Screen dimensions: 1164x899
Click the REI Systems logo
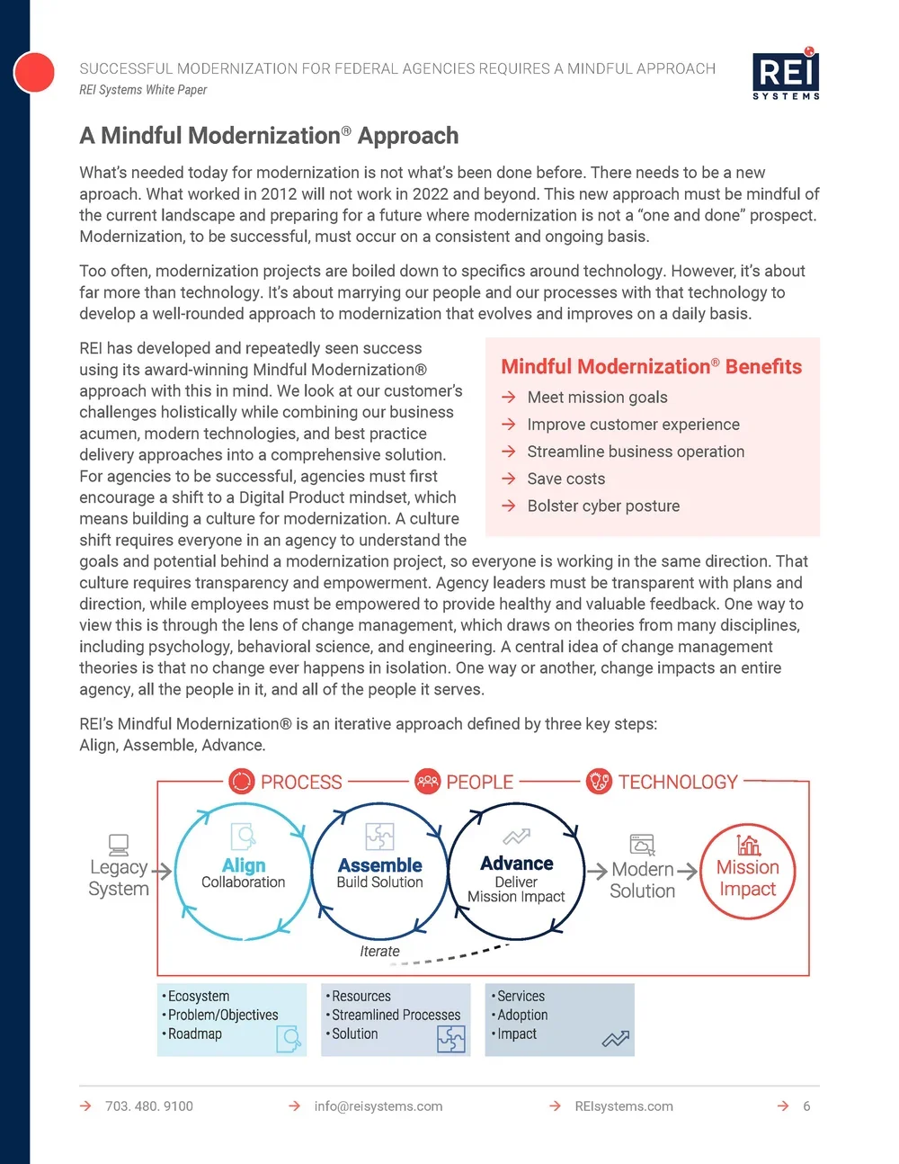point(786,74)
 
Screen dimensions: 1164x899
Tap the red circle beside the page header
point(34,72)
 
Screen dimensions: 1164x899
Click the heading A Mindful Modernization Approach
point(269,136)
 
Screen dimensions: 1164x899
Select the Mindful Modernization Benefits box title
point(651,366)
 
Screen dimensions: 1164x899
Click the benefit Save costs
point(565,479)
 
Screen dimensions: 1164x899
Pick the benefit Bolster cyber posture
point(603,506)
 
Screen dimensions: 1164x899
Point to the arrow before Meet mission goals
point(509,397)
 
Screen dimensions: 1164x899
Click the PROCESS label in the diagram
point(301,782)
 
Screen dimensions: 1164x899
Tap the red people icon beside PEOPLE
point(427,781)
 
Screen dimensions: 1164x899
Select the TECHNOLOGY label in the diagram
point(677,782)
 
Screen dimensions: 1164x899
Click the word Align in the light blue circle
point(244,864)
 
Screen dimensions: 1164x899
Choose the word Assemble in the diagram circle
point(379,864)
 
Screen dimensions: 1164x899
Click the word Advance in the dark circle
point(516,863)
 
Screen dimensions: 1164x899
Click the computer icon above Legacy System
point(118,844)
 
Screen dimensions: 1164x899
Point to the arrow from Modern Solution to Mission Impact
point(687,871)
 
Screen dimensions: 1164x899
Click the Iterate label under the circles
point(379,951)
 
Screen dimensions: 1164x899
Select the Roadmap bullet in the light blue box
point(194,1034)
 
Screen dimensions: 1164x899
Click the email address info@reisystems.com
point(378,1106)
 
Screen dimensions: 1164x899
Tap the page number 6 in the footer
point(806,1106)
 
